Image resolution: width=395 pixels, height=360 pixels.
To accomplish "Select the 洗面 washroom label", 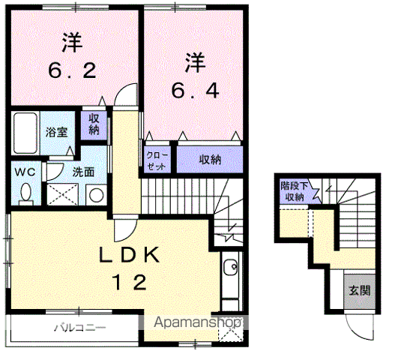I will [x=82, y=171].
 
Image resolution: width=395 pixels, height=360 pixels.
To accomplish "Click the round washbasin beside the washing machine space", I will [x=97, y=194].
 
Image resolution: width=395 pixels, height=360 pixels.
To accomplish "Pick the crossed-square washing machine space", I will [x=61, y=193].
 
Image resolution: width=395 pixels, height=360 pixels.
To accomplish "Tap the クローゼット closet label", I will [x=156, y=159].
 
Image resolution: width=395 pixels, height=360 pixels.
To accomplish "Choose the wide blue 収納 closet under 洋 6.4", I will [x=209, y=159].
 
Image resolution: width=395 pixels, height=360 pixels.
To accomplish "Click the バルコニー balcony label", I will [x=79, y=328].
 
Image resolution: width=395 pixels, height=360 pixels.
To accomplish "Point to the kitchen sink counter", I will [x=231, y=281].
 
